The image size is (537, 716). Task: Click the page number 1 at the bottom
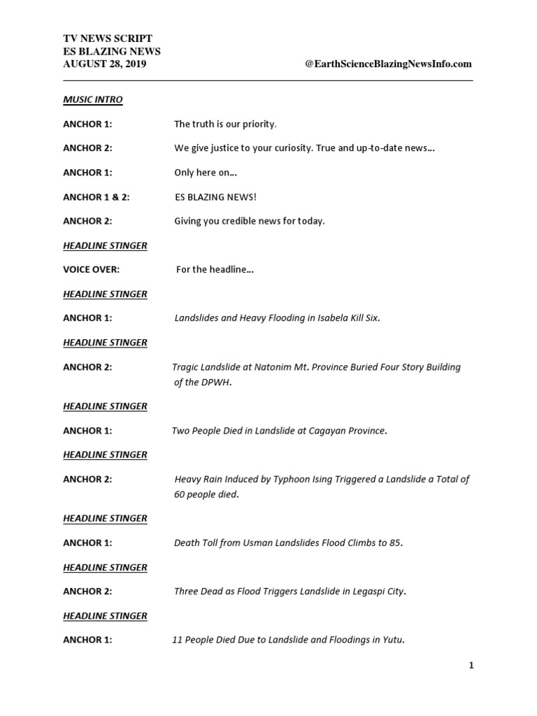tap(471, 665)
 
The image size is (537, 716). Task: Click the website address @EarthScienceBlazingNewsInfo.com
tap(388, 64)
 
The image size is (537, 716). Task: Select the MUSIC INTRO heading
tap(92, 99)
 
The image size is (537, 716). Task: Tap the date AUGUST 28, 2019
tap(105, 64)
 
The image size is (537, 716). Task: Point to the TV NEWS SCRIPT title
tap(108, 38)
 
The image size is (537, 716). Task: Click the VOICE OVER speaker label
tap(91, 269)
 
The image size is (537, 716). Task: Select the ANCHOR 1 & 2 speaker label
tap(96, 197)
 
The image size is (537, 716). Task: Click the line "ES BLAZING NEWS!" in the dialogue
tap(216, 197)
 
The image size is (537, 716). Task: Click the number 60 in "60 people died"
tap(180, 494)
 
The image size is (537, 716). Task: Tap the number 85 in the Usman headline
tap(394, 543)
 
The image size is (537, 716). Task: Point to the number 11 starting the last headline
tap(178, 640)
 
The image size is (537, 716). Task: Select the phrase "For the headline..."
tap(215, 269)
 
